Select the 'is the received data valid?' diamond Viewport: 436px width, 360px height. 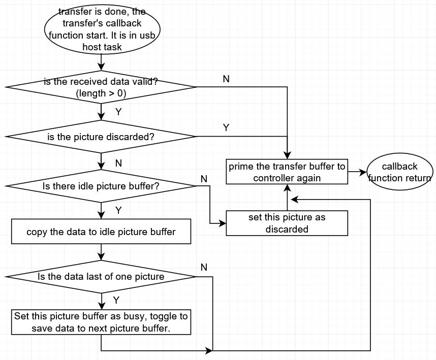tap(102, 87)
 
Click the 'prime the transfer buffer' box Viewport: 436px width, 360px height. tap(287, 172)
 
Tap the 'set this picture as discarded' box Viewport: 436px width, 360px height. tap(287, 223)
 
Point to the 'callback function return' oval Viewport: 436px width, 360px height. tap(399, 172)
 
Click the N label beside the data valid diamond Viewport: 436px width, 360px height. tap(226, 79)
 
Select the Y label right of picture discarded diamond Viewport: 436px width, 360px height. tap(226, 127)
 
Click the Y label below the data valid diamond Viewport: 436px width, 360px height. tap(118, 112)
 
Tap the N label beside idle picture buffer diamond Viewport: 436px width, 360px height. tap(204, 178)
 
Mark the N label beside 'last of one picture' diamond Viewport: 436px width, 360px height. tap(204, 267)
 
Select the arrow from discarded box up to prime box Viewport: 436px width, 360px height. tap(287, 198)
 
